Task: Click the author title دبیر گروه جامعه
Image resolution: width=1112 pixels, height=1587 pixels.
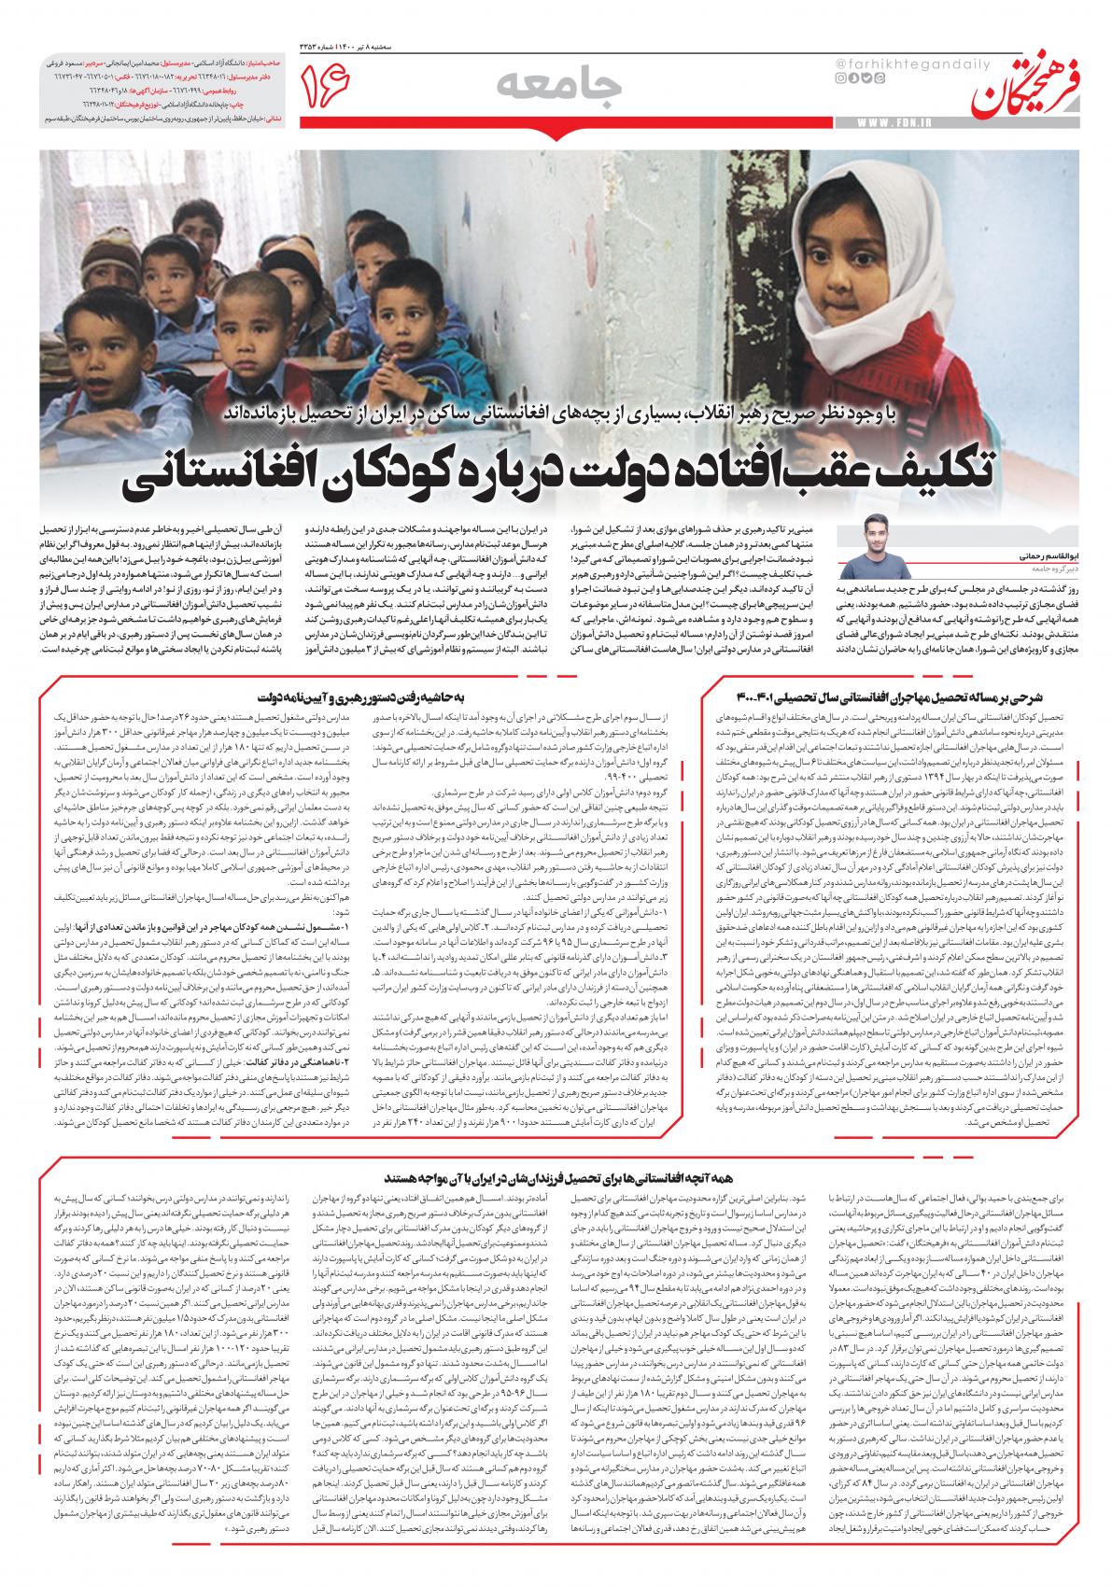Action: tap(934, 567)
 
